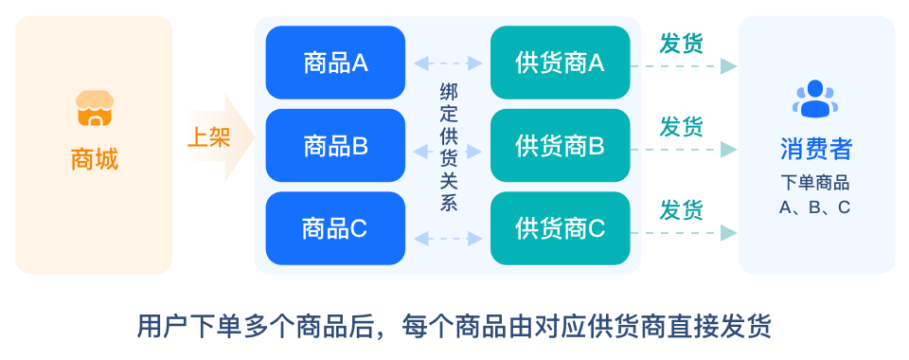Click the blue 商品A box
tap(335, 63)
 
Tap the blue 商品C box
tap(335, 228)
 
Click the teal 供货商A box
tap(560, 63)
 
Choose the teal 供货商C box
tap(560, 228)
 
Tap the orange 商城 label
tap(94, 158)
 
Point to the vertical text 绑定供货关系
tap(449, 147)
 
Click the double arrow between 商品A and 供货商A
tap(449, 63)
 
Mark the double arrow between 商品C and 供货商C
tap(449, 237)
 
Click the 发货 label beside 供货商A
tap(682, 43)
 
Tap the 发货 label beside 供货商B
tap(682, 126)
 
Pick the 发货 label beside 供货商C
tap(682, 208)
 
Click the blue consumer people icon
tap(815, 99)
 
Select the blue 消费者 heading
tap(815, 149)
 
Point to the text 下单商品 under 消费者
tap(815, 183)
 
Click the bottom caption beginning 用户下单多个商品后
tap(454, 326)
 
